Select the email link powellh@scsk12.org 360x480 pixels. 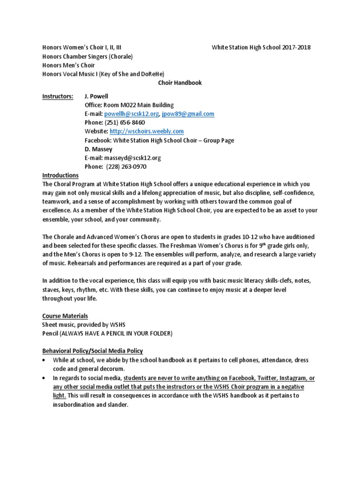tap(132, 114)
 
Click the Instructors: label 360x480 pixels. tap(57, 96)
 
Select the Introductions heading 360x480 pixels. tap(60, 176)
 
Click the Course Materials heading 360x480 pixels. tap(65, 316)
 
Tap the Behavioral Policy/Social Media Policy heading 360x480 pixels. tap(92, 351)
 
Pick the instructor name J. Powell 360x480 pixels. tap(96, 96)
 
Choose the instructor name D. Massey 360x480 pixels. tap(97, 149)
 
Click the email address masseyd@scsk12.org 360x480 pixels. tap(123, 158)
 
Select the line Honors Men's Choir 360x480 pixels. tap(68, 65)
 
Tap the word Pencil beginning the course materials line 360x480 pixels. tap(51, 333)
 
